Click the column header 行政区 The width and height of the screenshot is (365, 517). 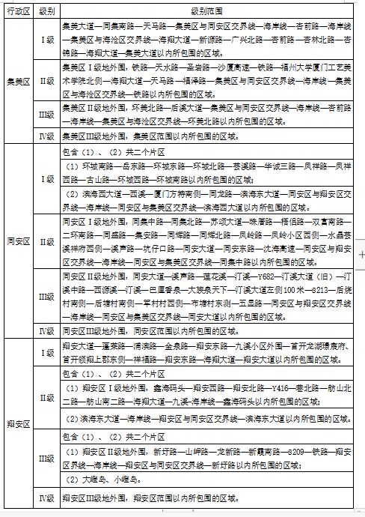[x=18, y=12]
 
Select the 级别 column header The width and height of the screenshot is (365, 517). [x=46, y=12]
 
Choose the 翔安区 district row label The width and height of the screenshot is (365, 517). [x=18, y=423]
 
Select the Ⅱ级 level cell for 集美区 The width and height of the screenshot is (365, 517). [x=46, y=82]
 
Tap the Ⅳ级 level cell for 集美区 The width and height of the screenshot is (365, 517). [x=46, y=136]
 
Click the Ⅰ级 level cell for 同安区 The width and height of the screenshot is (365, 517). [x=46, y=180]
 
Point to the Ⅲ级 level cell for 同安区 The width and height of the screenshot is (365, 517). [x=46, y=297]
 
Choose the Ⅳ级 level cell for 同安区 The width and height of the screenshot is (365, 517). [x=46, y=330]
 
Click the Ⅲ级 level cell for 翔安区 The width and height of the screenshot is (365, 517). [x=46, y=459]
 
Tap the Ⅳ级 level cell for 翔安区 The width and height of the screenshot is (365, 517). [x=46, y=498]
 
